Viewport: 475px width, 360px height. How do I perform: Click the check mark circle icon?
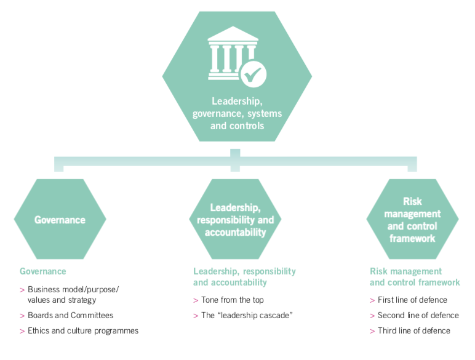(x=252, y=75)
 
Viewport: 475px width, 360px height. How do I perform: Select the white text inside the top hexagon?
(x=237, y=113)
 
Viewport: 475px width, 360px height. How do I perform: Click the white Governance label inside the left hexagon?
(x=60, y=220)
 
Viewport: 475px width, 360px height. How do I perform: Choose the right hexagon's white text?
(x=412, y=220)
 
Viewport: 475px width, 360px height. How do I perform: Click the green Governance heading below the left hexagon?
(x=42, y=271)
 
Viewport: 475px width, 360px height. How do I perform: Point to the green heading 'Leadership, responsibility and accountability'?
(x=244, y=276)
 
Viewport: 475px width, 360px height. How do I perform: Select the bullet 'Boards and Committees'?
(x=70, y=315)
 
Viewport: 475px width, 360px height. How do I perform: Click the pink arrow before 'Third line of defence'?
(x=372, y=331)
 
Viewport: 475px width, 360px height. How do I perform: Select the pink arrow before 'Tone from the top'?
(x=196, y=300)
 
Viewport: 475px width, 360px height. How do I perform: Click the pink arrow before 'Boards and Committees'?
(x=22, y=316)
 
